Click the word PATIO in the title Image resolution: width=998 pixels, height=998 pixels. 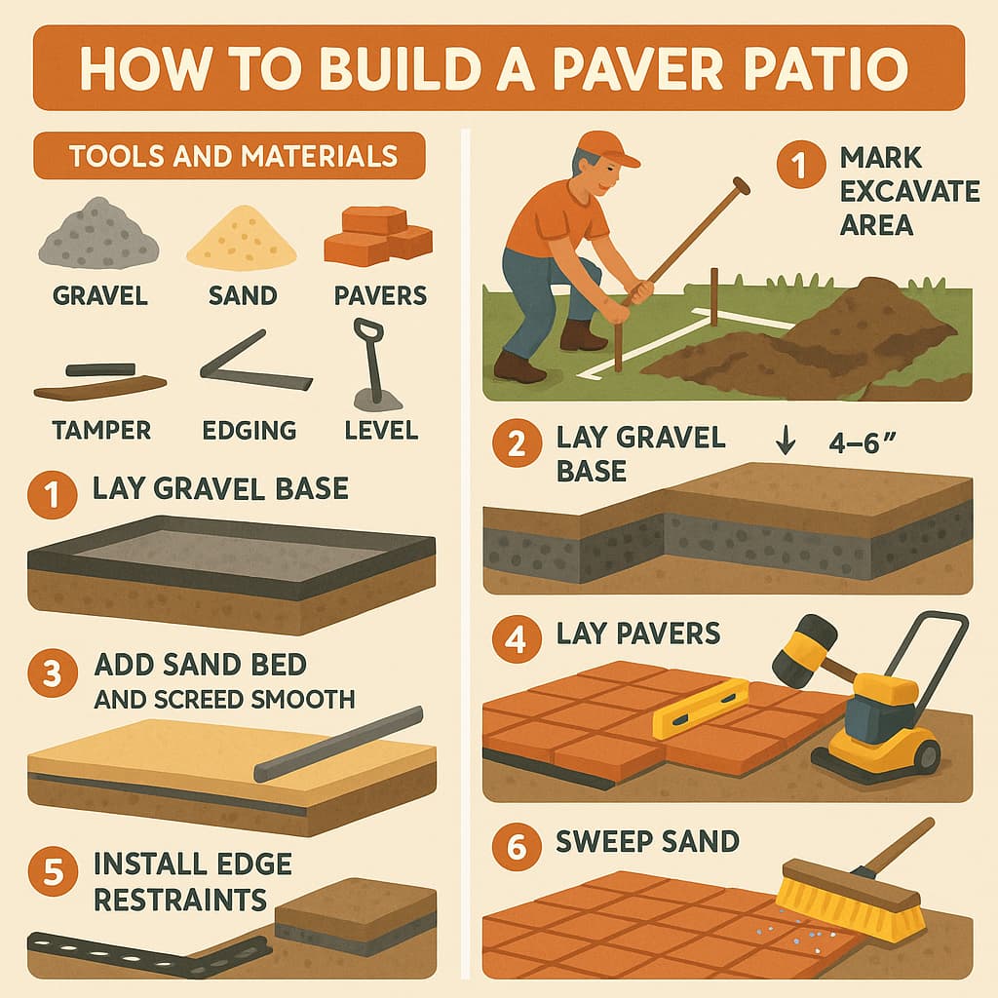tap(826, 67)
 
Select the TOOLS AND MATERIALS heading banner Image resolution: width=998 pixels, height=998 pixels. tap(229, 156)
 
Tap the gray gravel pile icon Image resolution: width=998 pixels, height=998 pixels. tap(98, 232)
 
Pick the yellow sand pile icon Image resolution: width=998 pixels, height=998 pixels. tap(242, 237)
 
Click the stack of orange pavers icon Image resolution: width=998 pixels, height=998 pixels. tap(378, 236)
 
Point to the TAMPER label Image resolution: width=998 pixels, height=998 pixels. tap(101, 430)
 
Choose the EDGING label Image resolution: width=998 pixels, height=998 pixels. tap(249, 430)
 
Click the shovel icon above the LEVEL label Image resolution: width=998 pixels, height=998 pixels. tap(375, 365)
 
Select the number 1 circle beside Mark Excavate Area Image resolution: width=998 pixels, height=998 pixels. tap(801, 164)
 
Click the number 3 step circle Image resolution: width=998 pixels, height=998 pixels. tap(53, 673)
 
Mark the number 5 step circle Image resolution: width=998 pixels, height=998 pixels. tap(53, 871)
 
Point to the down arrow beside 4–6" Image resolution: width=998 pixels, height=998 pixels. tap(787, 440)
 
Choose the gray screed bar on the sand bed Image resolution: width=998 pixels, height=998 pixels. tap(338, 744)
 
